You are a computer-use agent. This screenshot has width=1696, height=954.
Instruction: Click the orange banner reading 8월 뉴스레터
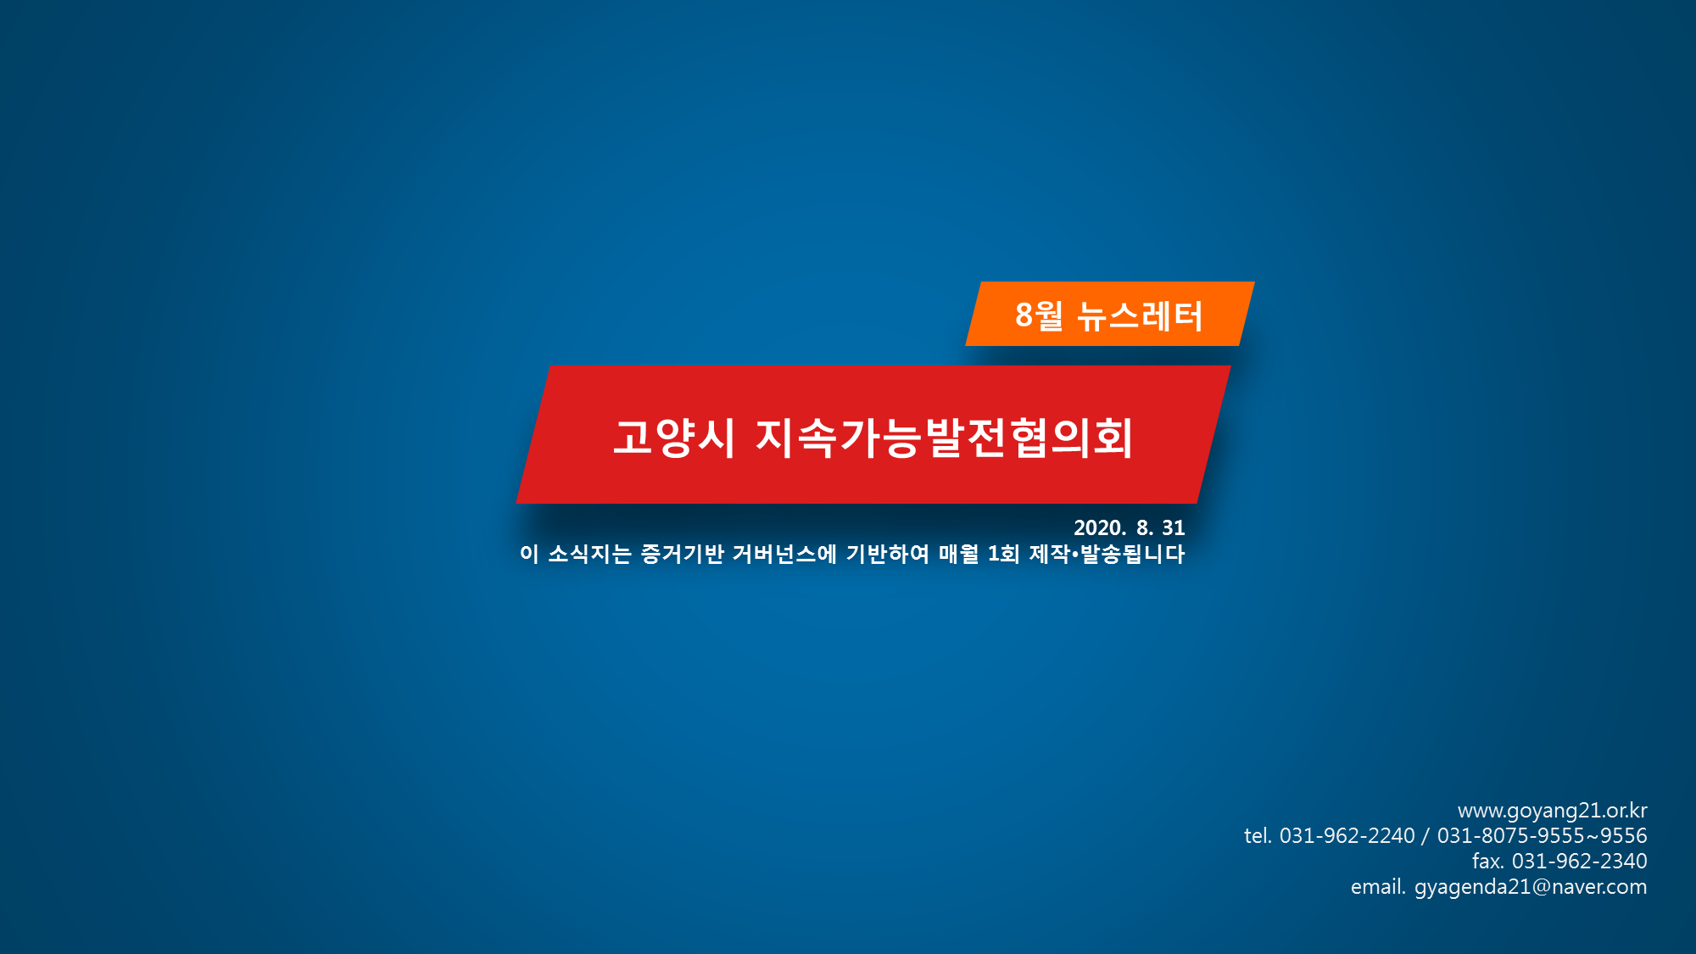tap(1110, 314)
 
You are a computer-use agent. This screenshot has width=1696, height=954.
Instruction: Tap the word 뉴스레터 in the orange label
tap(1140, 316)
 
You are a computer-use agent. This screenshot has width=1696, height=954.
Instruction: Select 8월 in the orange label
tap(1039, 315)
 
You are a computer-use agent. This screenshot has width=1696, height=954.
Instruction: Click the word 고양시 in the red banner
tap(674, 438)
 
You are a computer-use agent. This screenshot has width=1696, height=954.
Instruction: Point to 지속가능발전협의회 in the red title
tap(944, 438)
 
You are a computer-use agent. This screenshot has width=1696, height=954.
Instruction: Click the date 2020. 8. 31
tap(1130, 527)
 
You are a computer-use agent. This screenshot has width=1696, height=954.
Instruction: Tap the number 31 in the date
tap(1174, 527)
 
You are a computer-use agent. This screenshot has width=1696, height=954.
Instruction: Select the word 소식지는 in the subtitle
tap(590, 554)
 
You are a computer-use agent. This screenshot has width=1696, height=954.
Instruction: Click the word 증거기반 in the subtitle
tap(683, 554)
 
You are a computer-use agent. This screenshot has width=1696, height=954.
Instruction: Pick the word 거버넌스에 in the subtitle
tap(784, 554)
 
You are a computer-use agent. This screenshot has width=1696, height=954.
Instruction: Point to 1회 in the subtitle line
tap(1004, 554)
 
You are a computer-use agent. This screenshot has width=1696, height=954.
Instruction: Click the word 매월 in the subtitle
tap(959, 554)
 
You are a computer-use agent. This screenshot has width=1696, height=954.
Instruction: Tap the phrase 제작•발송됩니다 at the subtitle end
tap(1107, 554)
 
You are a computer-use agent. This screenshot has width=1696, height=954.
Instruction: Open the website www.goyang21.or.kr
tap(1553, 811)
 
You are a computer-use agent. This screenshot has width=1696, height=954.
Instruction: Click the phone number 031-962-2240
tap(1347, 836)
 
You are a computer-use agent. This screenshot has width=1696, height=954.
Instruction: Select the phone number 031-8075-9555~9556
tap(1543, 836)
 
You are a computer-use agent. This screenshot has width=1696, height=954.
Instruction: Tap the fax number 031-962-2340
tap(1580, 862)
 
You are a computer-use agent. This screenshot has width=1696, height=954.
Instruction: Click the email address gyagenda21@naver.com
tap(1531, 888)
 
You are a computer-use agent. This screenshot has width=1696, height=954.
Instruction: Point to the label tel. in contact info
tap(1258, 836)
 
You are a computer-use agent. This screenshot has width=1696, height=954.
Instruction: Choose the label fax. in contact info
tap(1488, 862)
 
